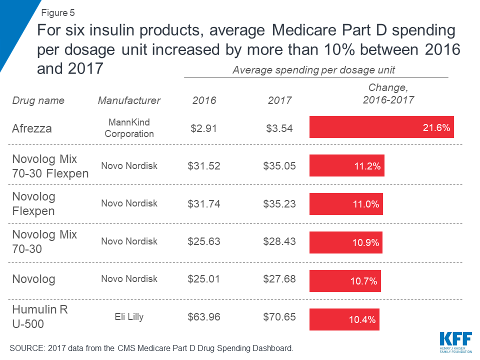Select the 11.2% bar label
point(368,166)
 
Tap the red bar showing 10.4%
point(344,319)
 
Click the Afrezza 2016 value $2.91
point(204,128)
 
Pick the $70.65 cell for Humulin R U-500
point(279,317)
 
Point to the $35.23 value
point(279,203)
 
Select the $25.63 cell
point(204,241)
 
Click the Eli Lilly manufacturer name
point(129,316)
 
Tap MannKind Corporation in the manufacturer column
point(129,128)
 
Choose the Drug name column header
point(38,100)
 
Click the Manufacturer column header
point(129,100)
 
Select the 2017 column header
point(279,100)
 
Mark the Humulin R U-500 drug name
point(40,316)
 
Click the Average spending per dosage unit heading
point(316,70)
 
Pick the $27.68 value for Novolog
point(279,279)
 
